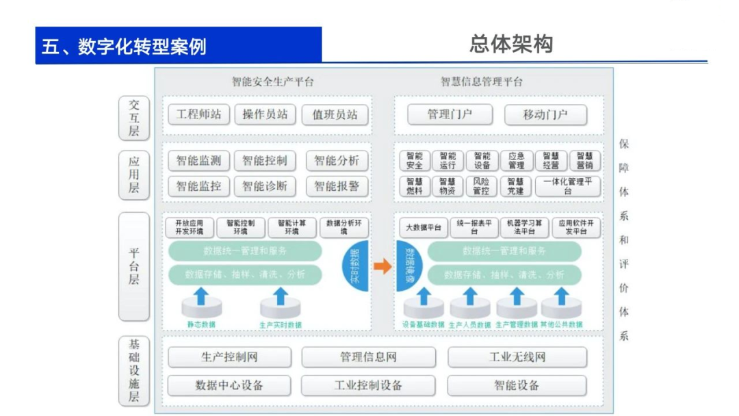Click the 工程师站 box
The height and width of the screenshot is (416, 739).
pyautogui.click(x=198, y=114)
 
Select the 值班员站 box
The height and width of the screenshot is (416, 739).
pyautogui.click(x=335, y=114)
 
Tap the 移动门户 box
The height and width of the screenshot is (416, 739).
pyautogui.click(x=545, y=114)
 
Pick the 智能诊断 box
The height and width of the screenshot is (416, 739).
pyautogui.click(x=265, y=185)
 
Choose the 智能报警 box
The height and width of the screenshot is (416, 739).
pyautogui.click(x=337, y=185)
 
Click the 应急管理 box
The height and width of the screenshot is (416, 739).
pyautogui.click(x=516, y=161)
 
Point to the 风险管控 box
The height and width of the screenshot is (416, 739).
pyautogui.click(x=482, y=186)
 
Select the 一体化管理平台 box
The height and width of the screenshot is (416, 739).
pyautogui.click(x=568, y=186)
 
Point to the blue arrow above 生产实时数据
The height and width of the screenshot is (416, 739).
pyautogui.click(x=281, y=296)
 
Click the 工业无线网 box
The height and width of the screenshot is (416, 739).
pyautogui.click(x=517, y=357)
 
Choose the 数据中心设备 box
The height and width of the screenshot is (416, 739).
pyautogui.click(x=229, y=385)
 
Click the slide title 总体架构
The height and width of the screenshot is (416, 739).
pyautogui.click(x=510, y=44)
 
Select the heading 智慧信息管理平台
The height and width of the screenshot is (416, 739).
pyautogui.click(x=482, y=82)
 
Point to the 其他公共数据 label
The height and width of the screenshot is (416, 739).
pyautogui.click(x=561, y=324)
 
